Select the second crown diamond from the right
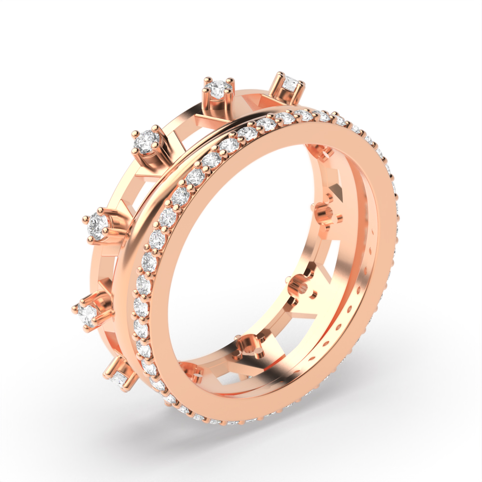coord(218,89)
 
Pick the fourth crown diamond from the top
coord(98,225)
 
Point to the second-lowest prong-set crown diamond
coord(88,314)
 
